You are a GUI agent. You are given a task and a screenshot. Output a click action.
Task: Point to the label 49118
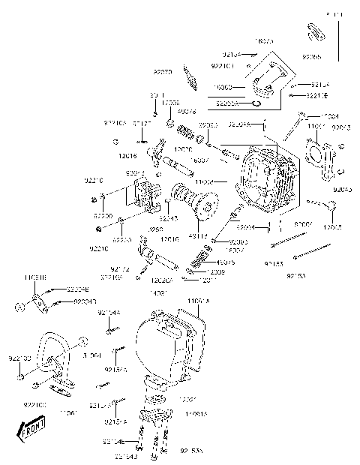[x=199, y=235]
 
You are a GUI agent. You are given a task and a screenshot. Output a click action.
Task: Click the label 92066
[x=313, y=57]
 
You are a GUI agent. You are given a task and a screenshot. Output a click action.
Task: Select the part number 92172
[x=120, y=268]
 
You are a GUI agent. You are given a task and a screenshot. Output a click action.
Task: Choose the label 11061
[x=68, y=412]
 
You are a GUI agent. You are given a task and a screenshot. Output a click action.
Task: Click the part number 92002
[x=303, y=224]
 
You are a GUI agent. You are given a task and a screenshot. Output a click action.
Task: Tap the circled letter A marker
[x=22, y=306]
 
